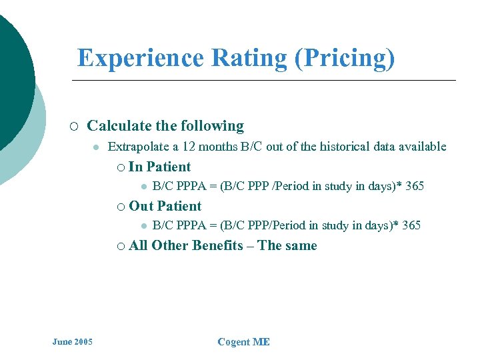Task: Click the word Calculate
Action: point(119,126)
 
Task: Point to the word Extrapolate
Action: point(137,147)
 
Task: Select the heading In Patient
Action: point(159,167)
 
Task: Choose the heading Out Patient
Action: point(165,206)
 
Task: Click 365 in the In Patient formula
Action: point(414,186)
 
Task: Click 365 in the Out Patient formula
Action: point(411,225)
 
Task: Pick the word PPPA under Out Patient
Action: point(191,225)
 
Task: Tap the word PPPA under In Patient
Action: point(191,186)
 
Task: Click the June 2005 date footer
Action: point(73,342)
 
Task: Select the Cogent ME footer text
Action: point(243,342)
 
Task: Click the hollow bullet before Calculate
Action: point(74,127)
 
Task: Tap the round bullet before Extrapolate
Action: point(96,147)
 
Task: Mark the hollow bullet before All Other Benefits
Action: point(120,246)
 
